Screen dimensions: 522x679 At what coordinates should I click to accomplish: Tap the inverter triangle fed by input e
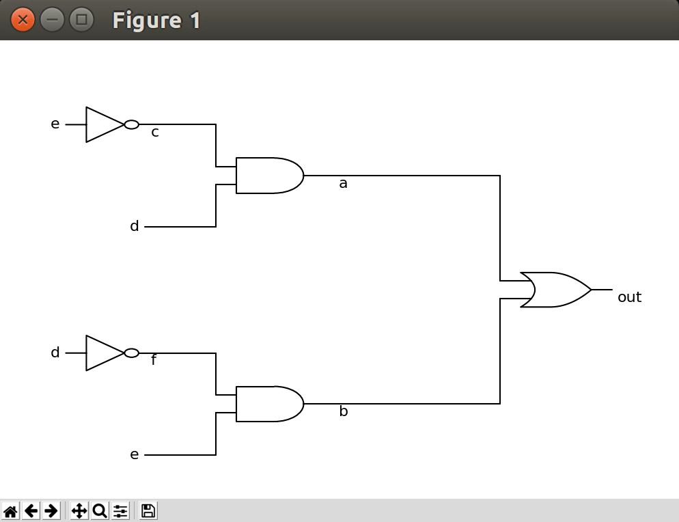(104, 124)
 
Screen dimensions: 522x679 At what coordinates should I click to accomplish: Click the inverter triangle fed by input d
(104, 353)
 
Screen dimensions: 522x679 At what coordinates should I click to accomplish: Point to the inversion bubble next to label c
(132, 124)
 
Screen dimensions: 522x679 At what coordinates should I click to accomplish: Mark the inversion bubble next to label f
(132, 353)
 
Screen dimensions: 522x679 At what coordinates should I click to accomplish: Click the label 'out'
(629, 297)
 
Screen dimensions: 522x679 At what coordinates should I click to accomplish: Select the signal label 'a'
(343, 184)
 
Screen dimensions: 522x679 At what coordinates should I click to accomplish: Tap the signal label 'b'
(343, 411)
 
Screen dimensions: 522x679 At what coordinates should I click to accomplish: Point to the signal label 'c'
(155, 133)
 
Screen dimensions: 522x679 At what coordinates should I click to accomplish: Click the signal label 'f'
(154, 360)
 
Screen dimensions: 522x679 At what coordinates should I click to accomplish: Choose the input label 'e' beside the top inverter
(55, 124)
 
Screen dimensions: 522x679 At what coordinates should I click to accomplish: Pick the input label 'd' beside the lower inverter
(55, 353)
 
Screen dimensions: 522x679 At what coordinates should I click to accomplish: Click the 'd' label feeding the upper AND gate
(135, 226)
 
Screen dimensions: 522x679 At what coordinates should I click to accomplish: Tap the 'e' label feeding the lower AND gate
(135, 455)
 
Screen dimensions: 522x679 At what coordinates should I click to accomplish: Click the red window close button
(23, 20)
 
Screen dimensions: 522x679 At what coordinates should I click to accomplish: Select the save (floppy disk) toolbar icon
(148, 510)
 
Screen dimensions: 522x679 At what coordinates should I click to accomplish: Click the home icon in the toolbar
(10, 510)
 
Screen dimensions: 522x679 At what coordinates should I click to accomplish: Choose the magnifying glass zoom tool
(99, 510)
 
